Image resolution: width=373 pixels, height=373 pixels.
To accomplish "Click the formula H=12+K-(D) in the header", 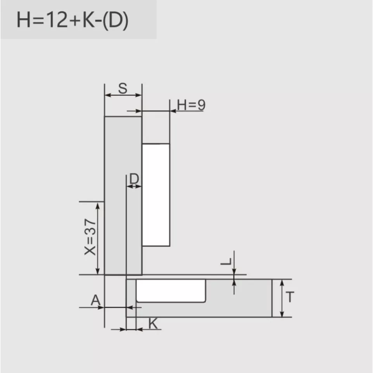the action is click(x=73, y=21).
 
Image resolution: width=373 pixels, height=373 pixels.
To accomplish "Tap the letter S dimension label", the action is click(x=123, y=88).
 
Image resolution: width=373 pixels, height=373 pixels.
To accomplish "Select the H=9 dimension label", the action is click(x=191, y=105).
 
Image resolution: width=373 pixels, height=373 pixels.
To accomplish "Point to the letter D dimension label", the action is click(x=134, y=179).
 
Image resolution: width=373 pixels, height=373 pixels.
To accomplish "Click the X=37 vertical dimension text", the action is click(x=90, y=237).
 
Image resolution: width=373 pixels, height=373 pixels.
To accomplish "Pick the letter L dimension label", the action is click(x=226, y=261).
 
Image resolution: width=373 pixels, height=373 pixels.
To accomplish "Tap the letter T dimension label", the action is click(x=290, y=297).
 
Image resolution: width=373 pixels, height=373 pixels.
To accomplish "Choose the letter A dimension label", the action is click(x=96, y=300).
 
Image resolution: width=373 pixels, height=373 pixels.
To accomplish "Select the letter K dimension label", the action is click(x=153, y=323).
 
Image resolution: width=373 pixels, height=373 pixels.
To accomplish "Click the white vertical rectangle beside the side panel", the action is click(x=156, y=195).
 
